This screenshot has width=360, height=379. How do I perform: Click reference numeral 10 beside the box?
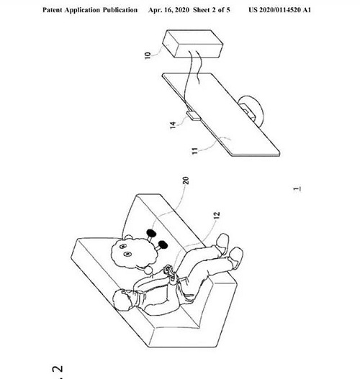click(x=148, y=55)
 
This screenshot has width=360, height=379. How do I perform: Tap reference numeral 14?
click(x=173, y=125)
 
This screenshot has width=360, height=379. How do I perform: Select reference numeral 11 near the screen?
click(x=194, y=151)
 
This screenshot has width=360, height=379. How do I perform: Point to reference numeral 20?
click(x=186, y=181)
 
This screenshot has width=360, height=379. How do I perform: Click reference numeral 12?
click(x=217, y=215)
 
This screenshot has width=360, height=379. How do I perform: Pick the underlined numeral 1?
click(x=297, y=188)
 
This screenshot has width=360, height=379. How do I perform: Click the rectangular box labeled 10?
click(x=192, y=44)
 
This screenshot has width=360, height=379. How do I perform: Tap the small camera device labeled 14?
click(x=193, y=116)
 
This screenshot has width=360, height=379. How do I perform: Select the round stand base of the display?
click(x=251, y=111)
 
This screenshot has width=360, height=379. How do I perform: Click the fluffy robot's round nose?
click(x=148, y=270)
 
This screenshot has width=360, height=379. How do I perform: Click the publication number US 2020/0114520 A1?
click(x=279, y=10)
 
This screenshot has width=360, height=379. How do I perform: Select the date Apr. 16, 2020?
click(x=168, y=10)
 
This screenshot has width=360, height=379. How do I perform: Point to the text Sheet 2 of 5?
click(x=212, y=10)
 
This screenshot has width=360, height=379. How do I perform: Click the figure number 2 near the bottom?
click(x=58, y=369)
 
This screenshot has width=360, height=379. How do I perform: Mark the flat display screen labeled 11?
click(x=221, y=115)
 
